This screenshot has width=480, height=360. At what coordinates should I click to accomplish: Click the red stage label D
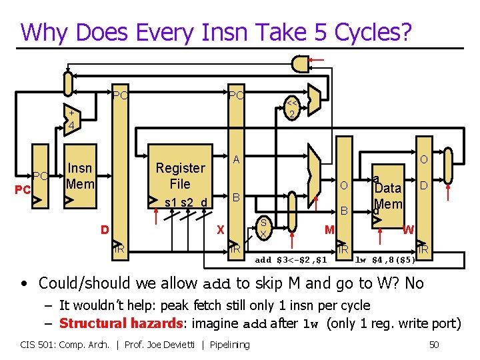pyautogui.click(x=105, y=230)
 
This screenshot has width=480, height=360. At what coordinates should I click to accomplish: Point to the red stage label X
pyautogui.click(x=220, y=230)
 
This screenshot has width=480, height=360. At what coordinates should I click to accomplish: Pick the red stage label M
pyautogui.click(x=329, y=230)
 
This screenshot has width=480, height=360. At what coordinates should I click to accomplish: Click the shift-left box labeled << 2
pyautogui.click(x=291, y=108)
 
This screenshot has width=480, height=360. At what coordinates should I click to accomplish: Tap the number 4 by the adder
pyautogui.click(x=70, y=126)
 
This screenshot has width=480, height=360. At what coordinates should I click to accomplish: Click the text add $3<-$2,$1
pyautogui.click(x=291, y=259)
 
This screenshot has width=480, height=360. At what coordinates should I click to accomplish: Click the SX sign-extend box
pyautogui.click(x=264, y=228)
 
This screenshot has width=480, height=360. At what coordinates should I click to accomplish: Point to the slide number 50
pyautogui.click(x=434, y=344)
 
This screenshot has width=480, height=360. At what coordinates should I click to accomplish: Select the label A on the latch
pyautogui.click(x=236, y=160)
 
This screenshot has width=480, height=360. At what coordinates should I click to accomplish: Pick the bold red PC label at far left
pyautogui.click(x=23, y=190)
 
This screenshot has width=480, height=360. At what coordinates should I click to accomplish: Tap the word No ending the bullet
pyautogui.click(x=413, y=283)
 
